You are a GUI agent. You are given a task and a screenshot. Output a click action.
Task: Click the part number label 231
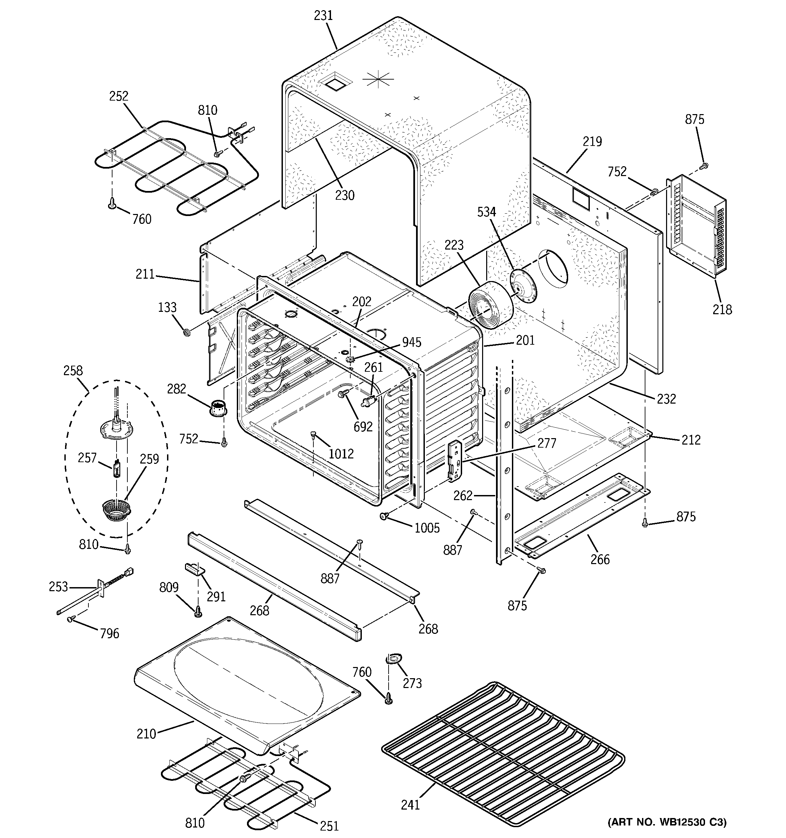(323, 16)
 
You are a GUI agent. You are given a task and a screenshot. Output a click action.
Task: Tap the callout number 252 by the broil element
(119, 96)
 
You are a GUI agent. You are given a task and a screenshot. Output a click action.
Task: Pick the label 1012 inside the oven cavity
(341, 454)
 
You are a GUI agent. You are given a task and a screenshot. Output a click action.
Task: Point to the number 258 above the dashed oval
(73, 371)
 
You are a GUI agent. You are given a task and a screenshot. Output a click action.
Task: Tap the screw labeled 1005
(384, 516)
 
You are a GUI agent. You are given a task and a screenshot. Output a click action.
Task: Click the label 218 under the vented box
(722, 309)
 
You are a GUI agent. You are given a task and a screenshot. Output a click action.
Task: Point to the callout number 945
(411, 342)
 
